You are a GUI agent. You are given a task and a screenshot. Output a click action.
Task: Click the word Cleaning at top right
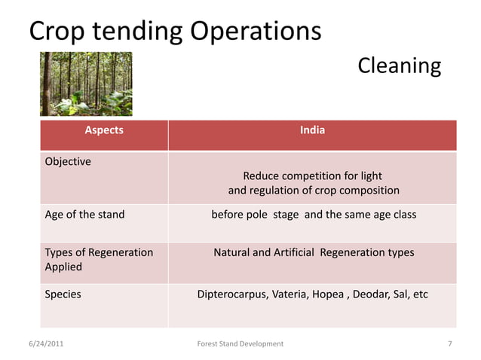pos(399,66)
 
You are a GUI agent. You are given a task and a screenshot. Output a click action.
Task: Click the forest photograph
pos(86,84)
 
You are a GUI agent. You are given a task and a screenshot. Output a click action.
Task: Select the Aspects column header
pos(104,130)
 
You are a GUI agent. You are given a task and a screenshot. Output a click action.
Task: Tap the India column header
pos(312,130)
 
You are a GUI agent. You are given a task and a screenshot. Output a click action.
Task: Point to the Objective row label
pos(68,161)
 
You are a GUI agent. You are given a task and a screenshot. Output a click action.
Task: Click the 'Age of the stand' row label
pos(85,215)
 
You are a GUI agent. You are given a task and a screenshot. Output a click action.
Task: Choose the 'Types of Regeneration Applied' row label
pos(99,259)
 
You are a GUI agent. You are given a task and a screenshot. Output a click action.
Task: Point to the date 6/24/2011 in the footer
pos(46,343)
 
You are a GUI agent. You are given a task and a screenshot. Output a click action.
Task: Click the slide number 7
pos(449,343)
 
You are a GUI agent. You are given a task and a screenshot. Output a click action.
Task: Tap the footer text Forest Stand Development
pos(240,343)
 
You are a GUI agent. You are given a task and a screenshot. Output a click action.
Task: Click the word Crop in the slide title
pos(56,32)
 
